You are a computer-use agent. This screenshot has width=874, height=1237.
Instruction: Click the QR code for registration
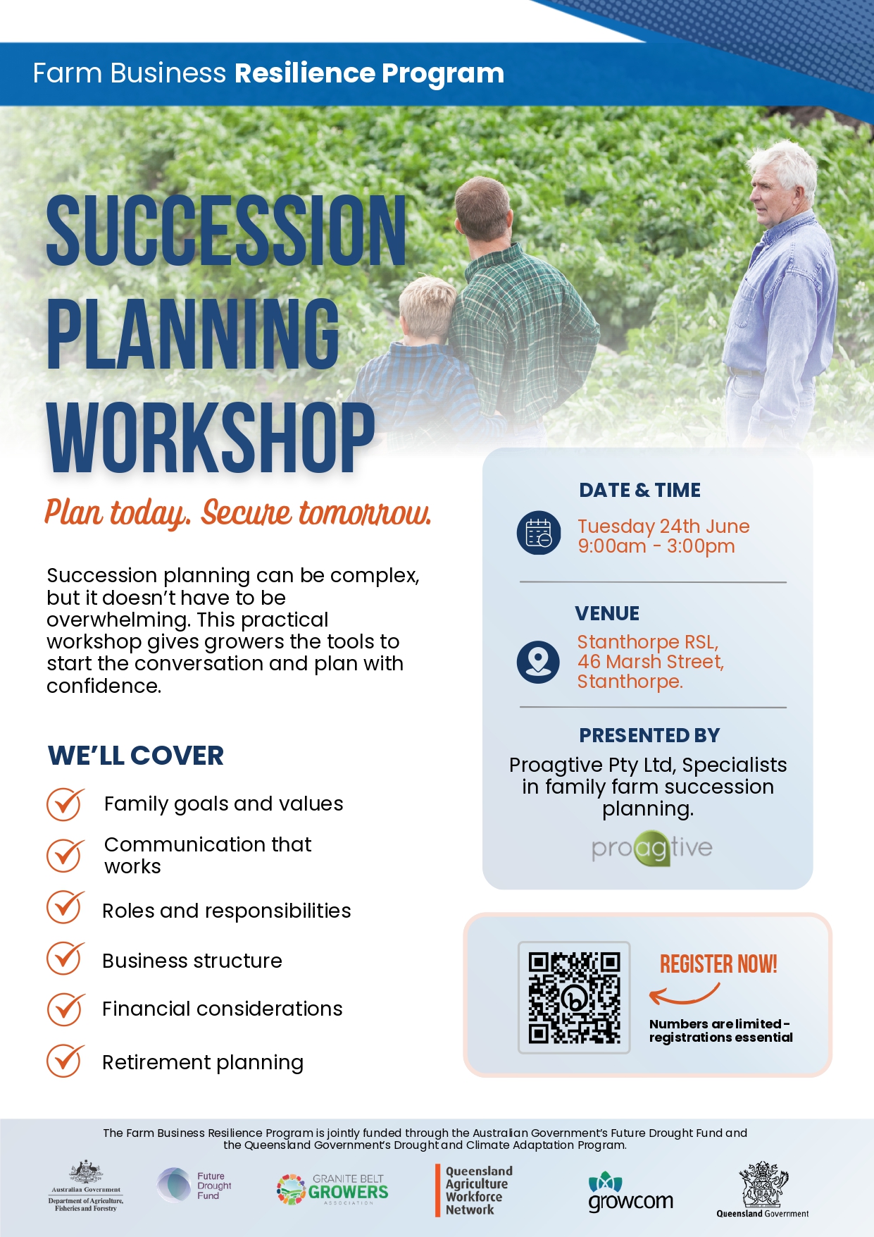click(x=574, y=997)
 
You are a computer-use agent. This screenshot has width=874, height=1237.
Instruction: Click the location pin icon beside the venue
click(x=539, y=662)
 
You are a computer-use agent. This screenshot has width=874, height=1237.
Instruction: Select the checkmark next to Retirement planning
click(x=65, y=1061)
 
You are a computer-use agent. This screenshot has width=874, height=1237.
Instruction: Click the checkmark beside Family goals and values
click(x=65, y=804)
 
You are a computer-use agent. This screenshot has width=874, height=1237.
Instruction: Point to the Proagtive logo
click(x=652, y=848)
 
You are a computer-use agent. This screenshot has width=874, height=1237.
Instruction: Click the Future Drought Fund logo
click(x=194, y=1186)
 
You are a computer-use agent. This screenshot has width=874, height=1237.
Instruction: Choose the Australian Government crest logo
click(x=86, y=1186)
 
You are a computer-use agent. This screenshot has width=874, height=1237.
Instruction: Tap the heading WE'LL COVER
click(x=136, y=756)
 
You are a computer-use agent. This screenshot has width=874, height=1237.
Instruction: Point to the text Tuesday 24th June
click(x=663, y=527)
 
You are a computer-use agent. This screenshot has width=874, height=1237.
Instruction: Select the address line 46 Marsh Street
click(x=650, y=662)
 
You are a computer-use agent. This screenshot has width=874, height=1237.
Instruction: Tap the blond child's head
click(x=427, y=309)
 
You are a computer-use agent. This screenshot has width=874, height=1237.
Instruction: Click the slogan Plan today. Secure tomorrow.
click(x=238, y=512)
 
